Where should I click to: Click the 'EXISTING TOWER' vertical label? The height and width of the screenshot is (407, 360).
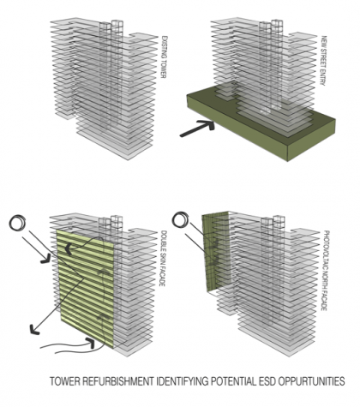coord(164,57)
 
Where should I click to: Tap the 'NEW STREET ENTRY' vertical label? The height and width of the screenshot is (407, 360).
coord(323,61)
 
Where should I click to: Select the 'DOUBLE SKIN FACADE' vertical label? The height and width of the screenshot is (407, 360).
coord(162,259)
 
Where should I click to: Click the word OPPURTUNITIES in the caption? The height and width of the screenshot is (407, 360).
coord(312,381)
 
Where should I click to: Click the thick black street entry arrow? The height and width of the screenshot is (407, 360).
coord(197,129)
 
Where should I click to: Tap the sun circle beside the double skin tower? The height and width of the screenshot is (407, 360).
coord(18,222)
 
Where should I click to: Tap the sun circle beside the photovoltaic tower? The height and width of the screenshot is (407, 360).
coord(181,219)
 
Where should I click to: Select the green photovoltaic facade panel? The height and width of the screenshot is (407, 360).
coord(215,251)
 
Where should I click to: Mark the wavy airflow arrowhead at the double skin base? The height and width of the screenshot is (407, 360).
coord(91,343)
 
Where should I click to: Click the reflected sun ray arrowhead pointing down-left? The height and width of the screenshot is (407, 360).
coord(34,330)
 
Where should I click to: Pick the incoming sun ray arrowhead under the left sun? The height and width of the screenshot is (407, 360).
coord(45,260)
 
